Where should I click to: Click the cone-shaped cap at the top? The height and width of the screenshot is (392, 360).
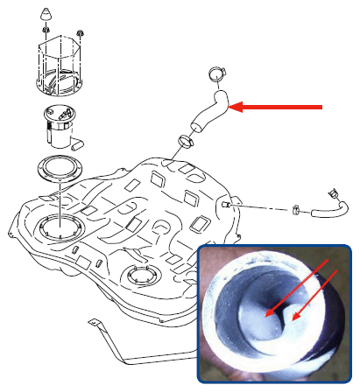46,16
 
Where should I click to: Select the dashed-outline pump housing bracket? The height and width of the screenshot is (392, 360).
61,66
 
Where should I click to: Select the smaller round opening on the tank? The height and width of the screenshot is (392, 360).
141,277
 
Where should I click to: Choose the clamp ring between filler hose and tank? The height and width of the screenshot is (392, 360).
187,140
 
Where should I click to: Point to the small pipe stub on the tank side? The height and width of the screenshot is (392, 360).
227,204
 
